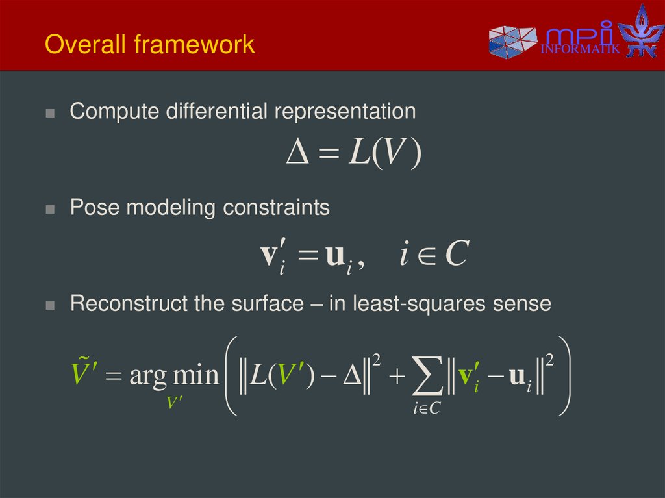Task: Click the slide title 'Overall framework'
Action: point(149,45)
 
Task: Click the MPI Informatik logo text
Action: point(579,40)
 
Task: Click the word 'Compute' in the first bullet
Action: point(114,112)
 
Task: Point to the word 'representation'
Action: point(345,112)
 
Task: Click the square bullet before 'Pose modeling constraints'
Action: point(50,210)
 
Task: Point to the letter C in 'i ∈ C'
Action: point(453,255)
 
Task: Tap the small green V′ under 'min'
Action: point(174,403)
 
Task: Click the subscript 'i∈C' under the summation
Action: point(426,408)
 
